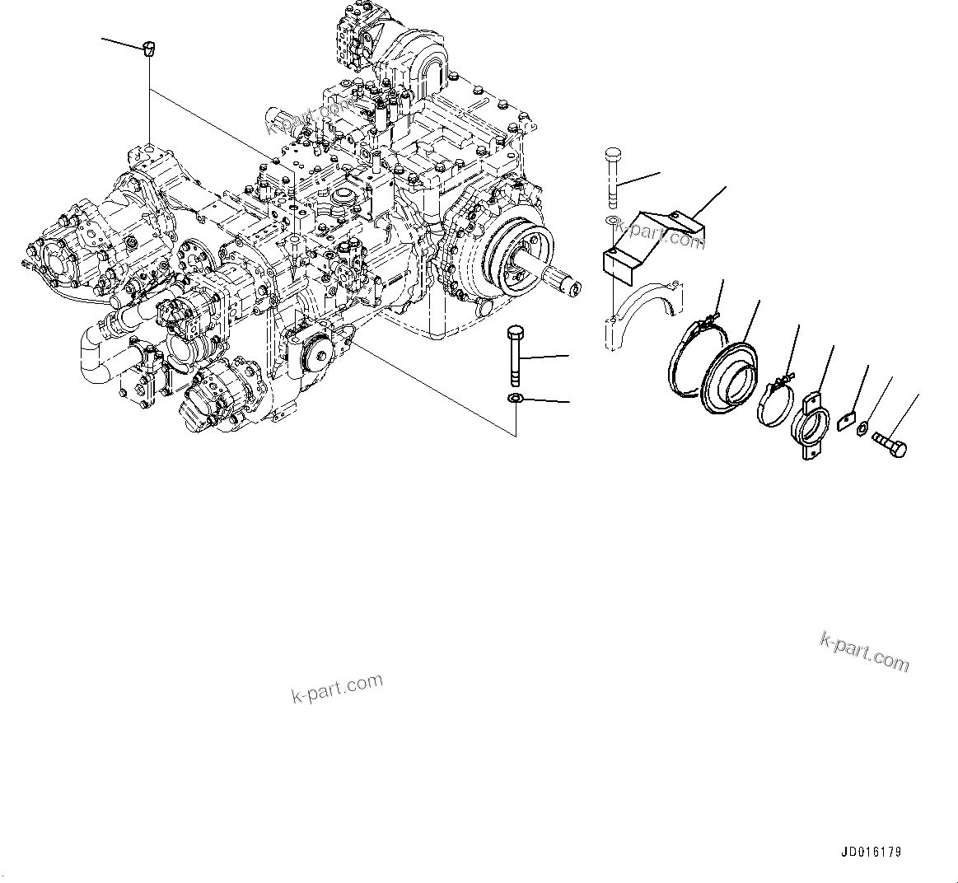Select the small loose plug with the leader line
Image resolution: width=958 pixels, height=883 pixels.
pyautogui.click(x=148, y=49)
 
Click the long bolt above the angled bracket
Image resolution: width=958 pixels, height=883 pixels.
pyautogui.click(x=613, y=178)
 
